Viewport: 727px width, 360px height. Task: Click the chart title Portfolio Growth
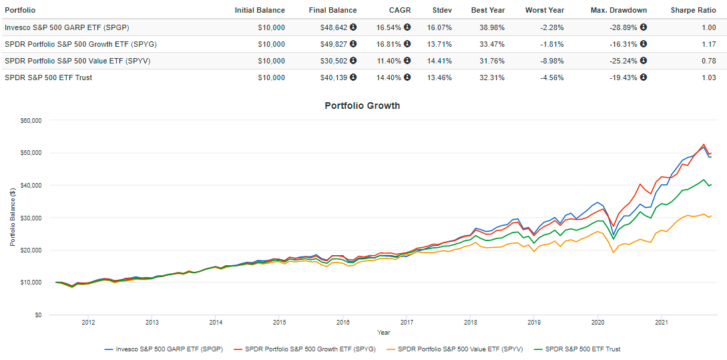(x=362, y=106)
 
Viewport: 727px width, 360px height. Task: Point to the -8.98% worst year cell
(x=551, y=61)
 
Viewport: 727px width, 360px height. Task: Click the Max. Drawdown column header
(x=619, y=10)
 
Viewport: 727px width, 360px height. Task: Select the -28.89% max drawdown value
(x=622, y=27)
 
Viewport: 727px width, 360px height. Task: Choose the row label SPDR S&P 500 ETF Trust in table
(x=48, y=77)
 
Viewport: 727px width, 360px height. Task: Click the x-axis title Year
(x=383, y=332)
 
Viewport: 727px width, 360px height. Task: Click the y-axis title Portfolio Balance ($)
(x=13, y=218)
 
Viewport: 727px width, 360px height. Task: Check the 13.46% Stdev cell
(x=440, y=77)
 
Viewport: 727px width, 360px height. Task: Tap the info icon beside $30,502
(x=352, y=61)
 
